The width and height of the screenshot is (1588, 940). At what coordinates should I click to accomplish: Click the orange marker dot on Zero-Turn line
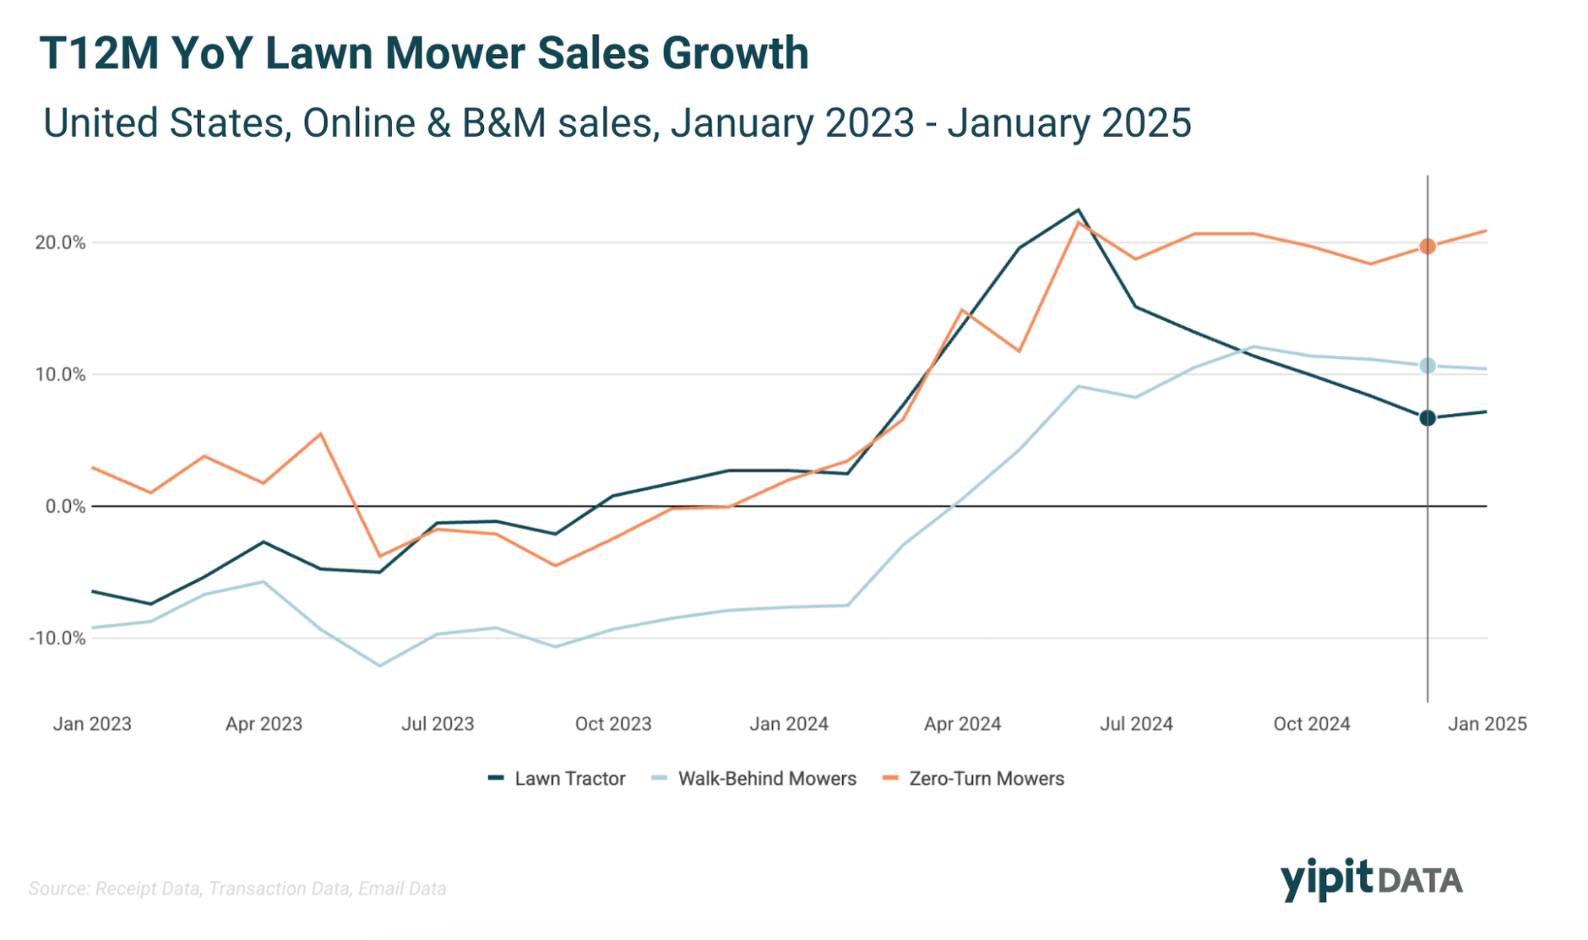point(1428,246)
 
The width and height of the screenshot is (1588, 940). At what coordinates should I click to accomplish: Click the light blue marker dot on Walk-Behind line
point(1428,366)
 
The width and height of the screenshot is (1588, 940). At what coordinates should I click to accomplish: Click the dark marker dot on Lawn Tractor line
point(1428,418)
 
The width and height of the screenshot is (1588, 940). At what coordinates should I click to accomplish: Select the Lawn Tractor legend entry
point(569,779)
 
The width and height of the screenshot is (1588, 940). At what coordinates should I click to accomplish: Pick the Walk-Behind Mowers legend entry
point(766,779)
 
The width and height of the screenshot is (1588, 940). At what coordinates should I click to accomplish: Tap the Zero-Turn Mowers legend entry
point(985,779)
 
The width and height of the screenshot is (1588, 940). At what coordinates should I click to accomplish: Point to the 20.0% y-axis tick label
point(60,242)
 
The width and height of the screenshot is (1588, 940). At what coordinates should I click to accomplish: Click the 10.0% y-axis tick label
point(60,374)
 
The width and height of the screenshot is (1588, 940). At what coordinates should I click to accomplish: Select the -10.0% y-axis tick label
point(57,638)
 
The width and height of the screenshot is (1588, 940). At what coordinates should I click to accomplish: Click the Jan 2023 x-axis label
point(92,724)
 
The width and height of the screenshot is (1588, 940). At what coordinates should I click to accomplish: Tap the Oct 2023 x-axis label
point(612,724)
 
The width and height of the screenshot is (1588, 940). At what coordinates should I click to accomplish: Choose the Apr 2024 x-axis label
point(962,724)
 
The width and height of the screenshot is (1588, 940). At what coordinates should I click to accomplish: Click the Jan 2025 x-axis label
point(1487,724)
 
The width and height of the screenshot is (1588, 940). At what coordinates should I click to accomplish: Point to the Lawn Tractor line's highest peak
point(1078,211)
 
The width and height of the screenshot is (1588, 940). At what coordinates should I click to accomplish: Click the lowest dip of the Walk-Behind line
point(380,666)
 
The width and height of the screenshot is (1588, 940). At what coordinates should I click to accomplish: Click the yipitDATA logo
point(1371,880)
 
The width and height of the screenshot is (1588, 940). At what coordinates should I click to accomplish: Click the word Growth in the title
point(735,54)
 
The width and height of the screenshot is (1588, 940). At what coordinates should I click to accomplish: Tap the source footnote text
point(238,888)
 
